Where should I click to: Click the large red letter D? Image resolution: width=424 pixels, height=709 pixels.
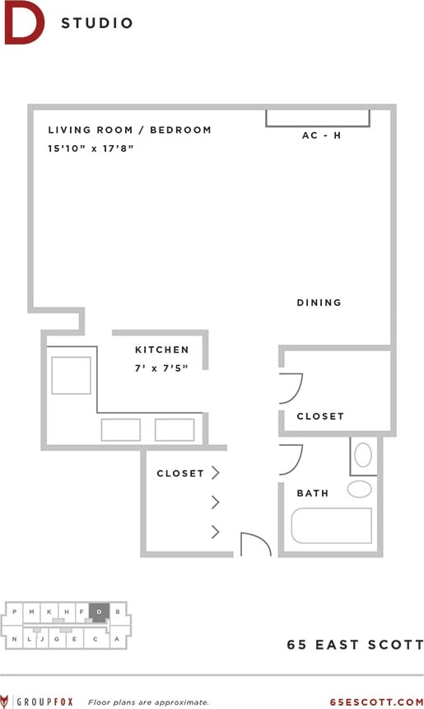coord(23,23)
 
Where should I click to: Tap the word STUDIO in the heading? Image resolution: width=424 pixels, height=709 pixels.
coord(97,23)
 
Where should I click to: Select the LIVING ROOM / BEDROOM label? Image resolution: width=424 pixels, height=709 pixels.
coord(129,129)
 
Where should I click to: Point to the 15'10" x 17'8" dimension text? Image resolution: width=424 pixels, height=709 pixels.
coord(91,148)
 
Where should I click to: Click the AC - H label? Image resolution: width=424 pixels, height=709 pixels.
coord(321,135)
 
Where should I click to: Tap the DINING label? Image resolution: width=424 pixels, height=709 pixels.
coord(319,303)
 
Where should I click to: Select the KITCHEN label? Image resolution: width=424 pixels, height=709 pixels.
coord(162,350)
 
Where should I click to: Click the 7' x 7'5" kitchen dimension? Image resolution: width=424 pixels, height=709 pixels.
coord(161,368)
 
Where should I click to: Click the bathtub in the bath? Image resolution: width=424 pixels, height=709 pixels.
coord(331,525)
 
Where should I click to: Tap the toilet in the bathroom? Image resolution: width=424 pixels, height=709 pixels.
coord(363,456)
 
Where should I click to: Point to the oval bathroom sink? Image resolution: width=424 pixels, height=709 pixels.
coord(359,489)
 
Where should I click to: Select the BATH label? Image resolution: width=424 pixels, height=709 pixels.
coord(313,493)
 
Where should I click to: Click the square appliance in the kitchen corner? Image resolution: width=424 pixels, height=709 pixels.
coord(71,375)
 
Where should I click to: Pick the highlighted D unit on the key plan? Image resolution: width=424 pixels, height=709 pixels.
coord(99,613)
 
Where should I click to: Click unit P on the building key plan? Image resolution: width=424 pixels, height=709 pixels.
coord(15,611)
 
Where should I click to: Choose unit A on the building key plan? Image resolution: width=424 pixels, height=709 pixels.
coord(117,638)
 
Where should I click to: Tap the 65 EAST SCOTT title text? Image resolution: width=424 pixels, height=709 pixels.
coord(355,645)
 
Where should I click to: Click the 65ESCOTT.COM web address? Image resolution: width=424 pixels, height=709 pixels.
coord(376,702)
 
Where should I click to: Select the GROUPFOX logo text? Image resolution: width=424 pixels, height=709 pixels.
coord(46,702)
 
